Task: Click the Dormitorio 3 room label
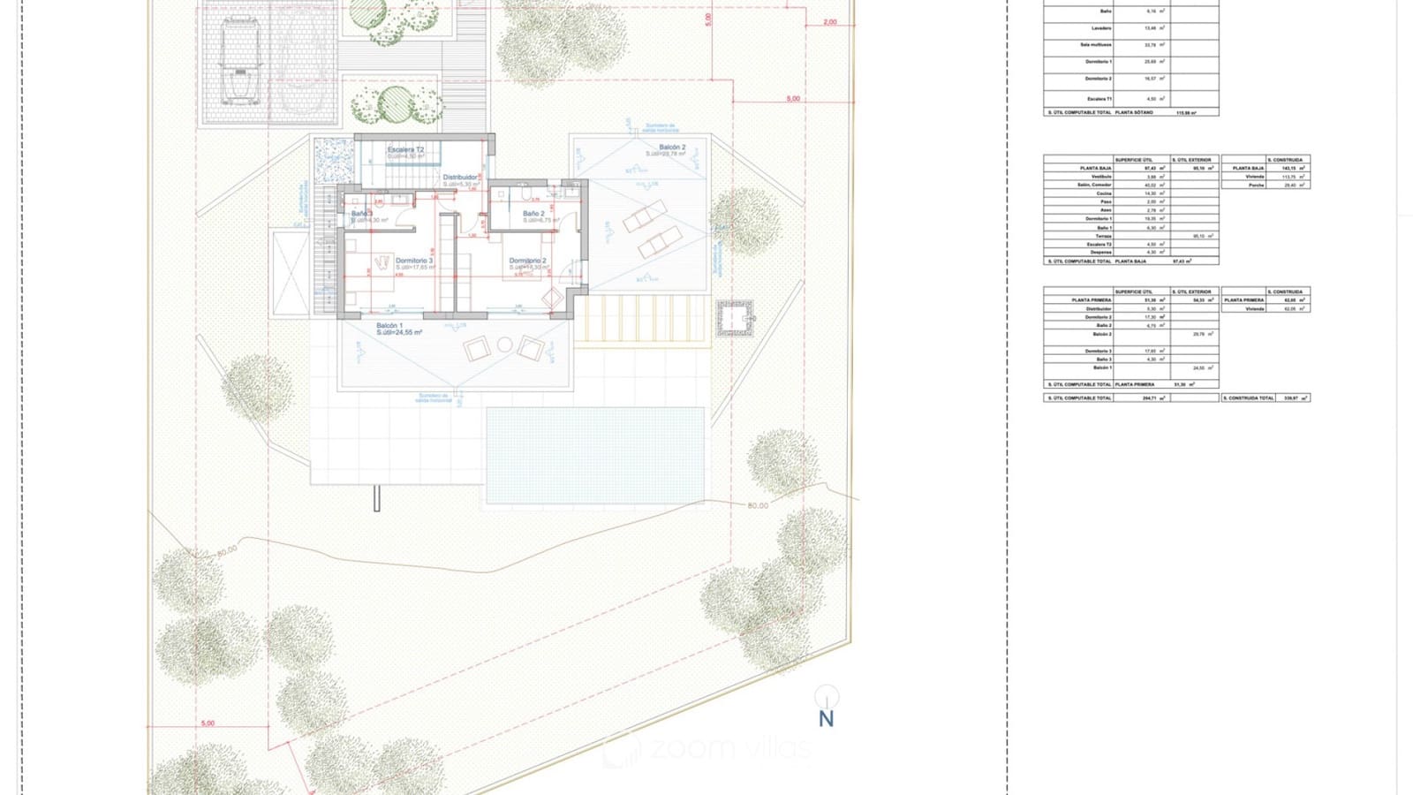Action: pyautogui.click(x=414, y=261)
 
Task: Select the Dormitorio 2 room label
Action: pyautogui.click(x=527, y=261)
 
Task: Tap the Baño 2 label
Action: pyautogui.click(x=533, y=214)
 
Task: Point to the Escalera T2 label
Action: pyautogui.click(x=405, y=150)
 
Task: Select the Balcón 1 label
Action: pyautogui.click(x=389, y=326)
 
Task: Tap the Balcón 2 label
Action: pyautogui.click(x=671, y=148)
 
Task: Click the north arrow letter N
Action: pyautogui.click(x=826, y=719)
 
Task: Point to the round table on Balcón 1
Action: pyautogui.click(x=504, y=344)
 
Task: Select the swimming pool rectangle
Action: pyautogui.click(x=594, y=455)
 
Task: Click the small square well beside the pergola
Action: pyautogui.click(x=734, y=318)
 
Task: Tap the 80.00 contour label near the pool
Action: pyautogui.click(x=758, y=505)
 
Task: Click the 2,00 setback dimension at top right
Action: pyautogui.click(x=829, y=22)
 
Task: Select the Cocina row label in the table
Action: pyautogui.click(x=1104, y=193)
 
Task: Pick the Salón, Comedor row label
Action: pyautogui.click(x=1095, y=185)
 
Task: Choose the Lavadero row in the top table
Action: pyautogui.click(x=1100, y=28)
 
